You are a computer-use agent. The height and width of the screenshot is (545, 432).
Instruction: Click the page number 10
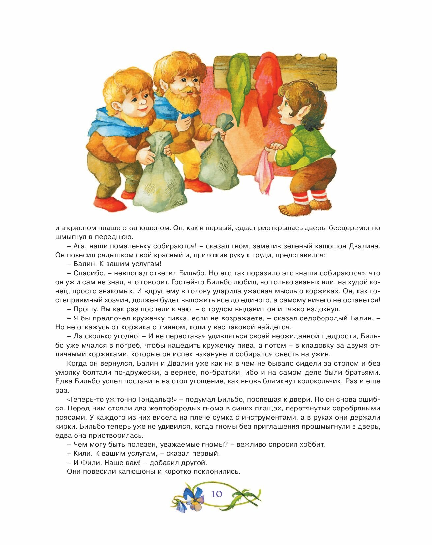click(217, 494)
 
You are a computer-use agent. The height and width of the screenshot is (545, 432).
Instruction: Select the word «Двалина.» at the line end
click(366, 246)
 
